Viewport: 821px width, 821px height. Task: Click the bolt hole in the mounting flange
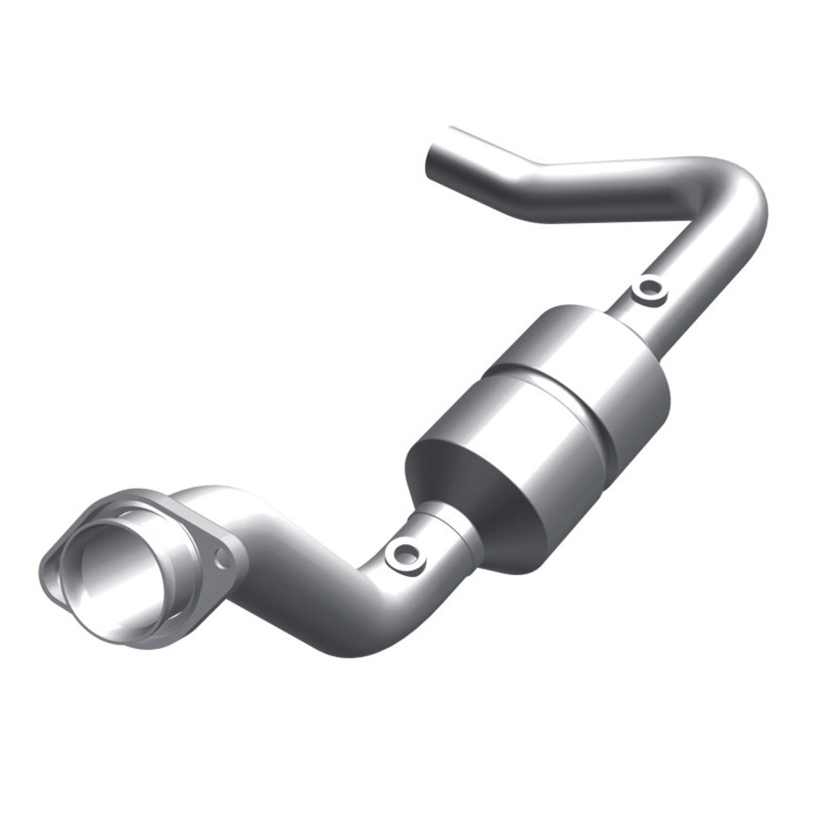point(224,559)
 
